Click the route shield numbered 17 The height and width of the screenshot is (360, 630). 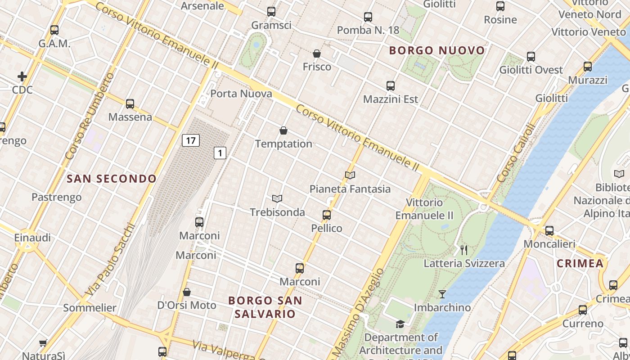pyautogui.click(x=191, y=140)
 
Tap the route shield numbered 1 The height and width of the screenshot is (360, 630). pyautogui.click(x=220, y=153)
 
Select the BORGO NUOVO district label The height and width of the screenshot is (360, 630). pyautogui.click(x=437, y=50)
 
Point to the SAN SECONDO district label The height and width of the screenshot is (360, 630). pyautogui.click(x=112, y=179)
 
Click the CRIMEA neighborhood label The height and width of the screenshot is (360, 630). pyautogui.click(x=580, y=263)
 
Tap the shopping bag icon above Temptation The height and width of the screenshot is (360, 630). pyautogui.click(x=283, y=131)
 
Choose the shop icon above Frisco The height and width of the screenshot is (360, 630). pyautogui.click(x=317, y=54)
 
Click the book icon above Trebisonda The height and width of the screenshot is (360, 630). pyautogui.click(x=277, y=199)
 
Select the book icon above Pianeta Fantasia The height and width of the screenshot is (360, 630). pyautogui.click(x=350, y=175)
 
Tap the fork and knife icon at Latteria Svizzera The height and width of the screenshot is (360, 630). pyautogui.click(x=464, y=250)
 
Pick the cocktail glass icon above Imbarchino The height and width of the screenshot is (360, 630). pyautogui.click(x=442, y=294)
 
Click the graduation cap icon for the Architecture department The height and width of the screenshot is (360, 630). pyautogui.click(x=400, y=324)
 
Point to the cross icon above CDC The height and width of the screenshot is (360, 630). pyautogui.click(x=22, y=76)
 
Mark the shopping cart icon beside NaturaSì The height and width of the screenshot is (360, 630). pyautogui.click(x=43, y=343)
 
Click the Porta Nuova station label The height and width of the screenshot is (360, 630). pyautogui.click(x=241, y=94)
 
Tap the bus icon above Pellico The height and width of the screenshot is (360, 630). pyautogui.click(x=327, y=215)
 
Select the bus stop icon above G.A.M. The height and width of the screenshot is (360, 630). pyautogui.click(x=54, y=30)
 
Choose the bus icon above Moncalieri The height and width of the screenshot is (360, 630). pyautogui.click(x=549, y=231)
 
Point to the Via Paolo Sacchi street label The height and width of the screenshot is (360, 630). pyautogui.click(x=110, y=260)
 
